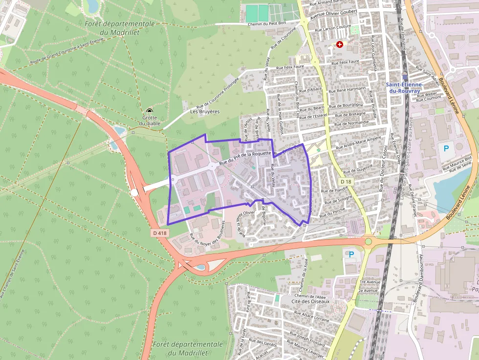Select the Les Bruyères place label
205,111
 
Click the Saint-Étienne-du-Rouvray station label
404,87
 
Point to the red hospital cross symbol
340,44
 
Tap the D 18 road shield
346,182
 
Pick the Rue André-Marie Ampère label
360,142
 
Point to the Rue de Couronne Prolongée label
217,94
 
